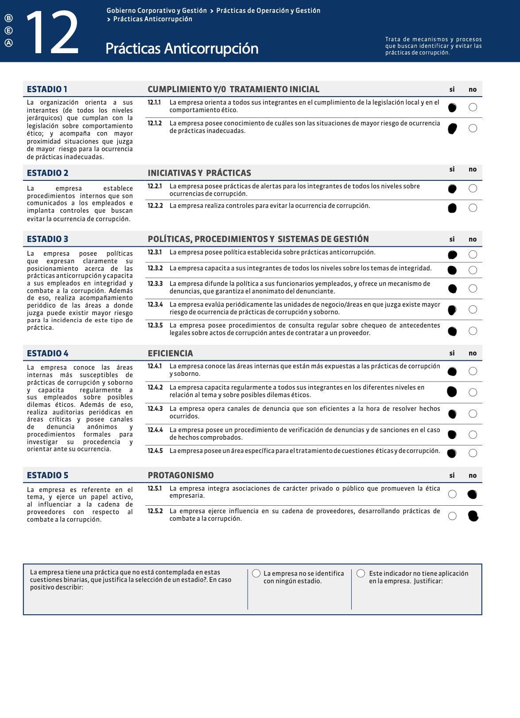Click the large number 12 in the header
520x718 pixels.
click(x=52, y=33)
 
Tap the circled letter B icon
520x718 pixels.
click(x=8, y=18)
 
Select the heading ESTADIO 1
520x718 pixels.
click(x=47, y=89)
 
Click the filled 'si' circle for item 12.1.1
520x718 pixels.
click(x=452, y=107)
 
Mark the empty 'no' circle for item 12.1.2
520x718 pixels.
click(x=473, y=128)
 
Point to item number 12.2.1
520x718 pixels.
click(x=155, y=186)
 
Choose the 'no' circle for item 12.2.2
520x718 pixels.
click(x=473, y=208)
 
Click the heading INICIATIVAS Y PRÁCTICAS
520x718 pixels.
click(x=199, y=173)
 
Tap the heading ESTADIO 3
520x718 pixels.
click(x=47, y=239)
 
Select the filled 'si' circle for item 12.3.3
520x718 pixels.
click(x=452, y=289)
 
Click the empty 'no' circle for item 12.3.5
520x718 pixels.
click(x=473, y=331)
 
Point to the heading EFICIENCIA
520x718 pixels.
click(x=170, y=353)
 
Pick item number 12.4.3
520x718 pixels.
click(x=155, y=409)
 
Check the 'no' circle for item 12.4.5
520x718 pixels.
click(x=473, y=453)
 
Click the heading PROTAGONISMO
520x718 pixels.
click(x=181, y=475)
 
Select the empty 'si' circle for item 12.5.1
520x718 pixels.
click(x=452, y=494)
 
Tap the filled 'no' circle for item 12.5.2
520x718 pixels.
click(x=473, y=516)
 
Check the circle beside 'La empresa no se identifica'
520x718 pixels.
click(x=256, y=574)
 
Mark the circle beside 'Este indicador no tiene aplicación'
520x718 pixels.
click(x=361, y=574)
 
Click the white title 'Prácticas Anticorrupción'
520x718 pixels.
click(x=182, y=48)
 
